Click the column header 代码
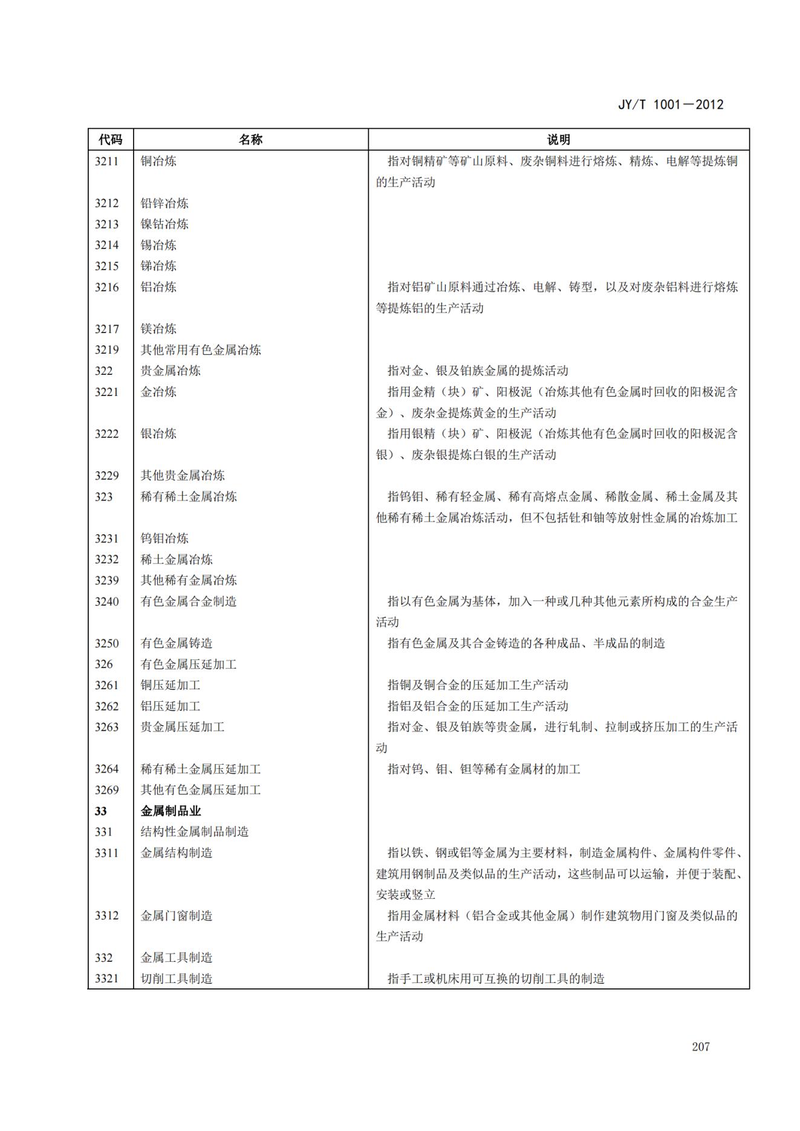[110, 140]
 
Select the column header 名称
[250, 140]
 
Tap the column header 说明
[558, 140]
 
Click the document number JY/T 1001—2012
[671, 105]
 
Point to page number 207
[701, 1046]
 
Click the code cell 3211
[106, 161]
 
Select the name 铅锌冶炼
[164, 203]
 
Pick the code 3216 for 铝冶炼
[106, 287]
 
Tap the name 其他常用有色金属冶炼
[201, 350]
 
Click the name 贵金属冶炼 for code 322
[171, 371]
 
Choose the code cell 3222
[106, 433]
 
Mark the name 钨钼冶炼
[164, 539]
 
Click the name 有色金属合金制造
[189, 601]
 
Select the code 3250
[106, 643]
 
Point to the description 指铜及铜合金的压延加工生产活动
[478, 685]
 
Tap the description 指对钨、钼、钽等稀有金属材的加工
[484, 769]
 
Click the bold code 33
[100, 811]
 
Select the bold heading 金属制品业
[171, 811]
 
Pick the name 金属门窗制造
[177, 916]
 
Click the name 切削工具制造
[177, 979]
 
